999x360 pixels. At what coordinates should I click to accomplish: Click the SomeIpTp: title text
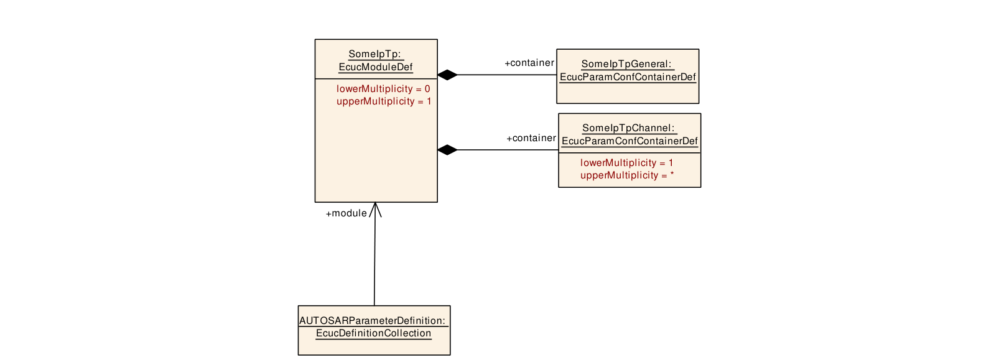pyautogui.click(x=375, y=54)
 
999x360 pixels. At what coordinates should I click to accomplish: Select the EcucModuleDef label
pyautogui.click(x=376, y=67)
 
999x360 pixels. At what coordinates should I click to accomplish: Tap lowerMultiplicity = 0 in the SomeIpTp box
pyautogui.click(x=383, y=89)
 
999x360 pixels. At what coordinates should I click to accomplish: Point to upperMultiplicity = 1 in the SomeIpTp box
pyautogui.click(x=384, y=101)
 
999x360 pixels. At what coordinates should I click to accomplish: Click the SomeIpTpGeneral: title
pyautogui.click(x=626, y=64)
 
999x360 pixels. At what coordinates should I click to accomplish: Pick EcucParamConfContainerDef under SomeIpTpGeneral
pyautogui.click(x=628, y=77)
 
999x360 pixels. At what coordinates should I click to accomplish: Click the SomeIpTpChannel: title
pyautogui.click(x=628, y=128)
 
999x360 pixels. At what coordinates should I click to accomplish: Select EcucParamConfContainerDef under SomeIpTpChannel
pyautogui.click(x=630, y=141)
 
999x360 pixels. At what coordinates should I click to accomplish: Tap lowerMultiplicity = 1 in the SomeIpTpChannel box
pyautogui.click(x=626, y=163)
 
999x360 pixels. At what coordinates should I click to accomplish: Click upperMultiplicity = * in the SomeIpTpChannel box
pyautogui.click(x=627, y=175)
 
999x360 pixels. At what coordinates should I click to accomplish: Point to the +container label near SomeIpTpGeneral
pyautogui.click(x=529, y=63)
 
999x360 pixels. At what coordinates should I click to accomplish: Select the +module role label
pyautogui.click(x=346, y=213)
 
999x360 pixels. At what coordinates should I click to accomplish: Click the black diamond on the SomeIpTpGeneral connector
pyautogui.click(x=448, y=75)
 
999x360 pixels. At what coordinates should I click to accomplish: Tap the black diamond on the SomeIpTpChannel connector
pyautogui.click(x=448, y=150)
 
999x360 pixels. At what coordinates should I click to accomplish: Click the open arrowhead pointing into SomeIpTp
pyautogui.click(x=376, y=210)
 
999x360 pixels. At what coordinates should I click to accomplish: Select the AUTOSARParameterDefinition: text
pyautogui.click(x=373, y=321)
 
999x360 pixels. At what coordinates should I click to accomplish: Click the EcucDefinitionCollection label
pyautogui.click(x=374, y=333)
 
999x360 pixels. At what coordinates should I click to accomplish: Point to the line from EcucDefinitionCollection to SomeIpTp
pyautogui.click(x=375, y=254)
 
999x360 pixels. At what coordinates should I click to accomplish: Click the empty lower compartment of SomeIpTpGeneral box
pyautogui.click(x=628, y=93)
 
